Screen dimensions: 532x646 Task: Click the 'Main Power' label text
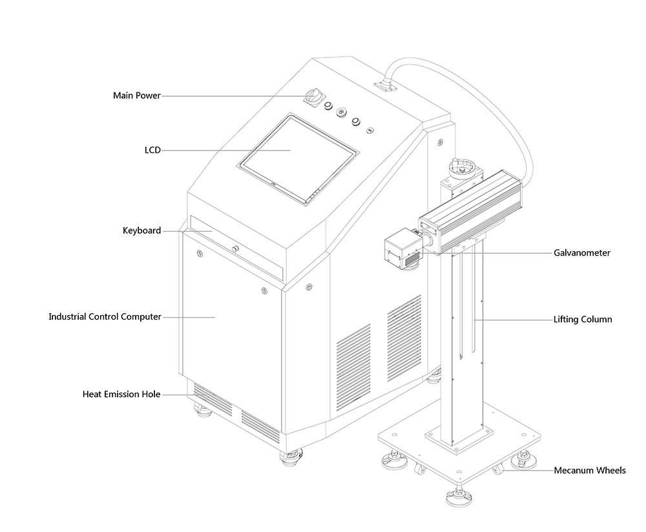[x=136, y=96]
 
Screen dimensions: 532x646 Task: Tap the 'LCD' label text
[x=152, y=150]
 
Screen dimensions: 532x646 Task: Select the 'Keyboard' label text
[x=141, y=230]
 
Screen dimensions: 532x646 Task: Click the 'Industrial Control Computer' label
[x=105, y=317]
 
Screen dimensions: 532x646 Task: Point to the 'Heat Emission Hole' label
[x=121, y=394]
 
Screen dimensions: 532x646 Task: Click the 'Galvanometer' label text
[x=581, y=253]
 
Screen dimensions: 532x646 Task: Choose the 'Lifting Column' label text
[x=583, y=319]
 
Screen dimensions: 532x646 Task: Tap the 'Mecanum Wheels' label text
[x=589, y=471]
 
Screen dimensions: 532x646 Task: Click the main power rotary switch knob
[x=312, y=97]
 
